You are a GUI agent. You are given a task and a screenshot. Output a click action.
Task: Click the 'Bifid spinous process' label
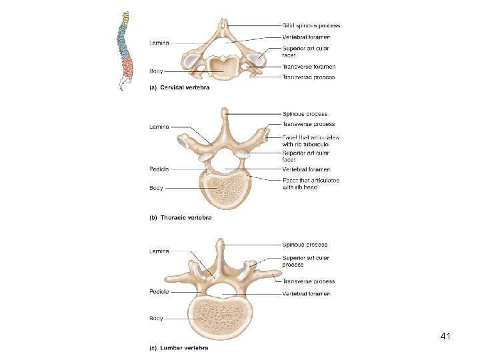[311, 26]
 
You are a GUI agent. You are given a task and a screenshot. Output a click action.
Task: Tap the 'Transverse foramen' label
[309, 67]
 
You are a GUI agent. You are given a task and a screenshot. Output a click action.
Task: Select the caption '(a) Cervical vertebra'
[179, 87]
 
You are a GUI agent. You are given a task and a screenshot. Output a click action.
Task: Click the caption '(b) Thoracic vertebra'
[180, 218]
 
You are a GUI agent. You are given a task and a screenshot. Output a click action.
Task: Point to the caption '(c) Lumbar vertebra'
[178, 347]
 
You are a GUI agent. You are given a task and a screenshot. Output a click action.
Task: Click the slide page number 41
[446, 337]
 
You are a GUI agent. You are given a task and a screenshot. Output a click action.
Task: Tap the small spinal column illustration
[125, 50]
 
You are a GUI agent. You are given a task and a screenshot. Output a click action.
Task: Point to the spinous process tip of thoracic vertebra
[225, 112]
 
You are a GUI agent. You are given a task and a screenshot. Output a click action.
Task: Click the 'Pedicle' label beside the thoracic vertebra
[159, 169]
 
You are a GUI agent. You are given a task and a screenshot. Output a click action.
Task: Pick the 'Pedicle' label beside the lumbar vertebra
[159, 291]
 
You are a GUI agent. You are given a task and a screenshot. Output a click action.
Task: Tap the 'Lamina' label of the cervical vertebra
[159, 43]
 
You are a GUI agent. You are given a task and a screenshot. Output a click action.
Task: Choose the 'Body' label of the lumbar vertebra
[156, 319]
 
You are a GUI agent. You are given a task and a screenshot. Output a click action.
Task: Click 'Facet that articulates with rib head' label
[310, 183]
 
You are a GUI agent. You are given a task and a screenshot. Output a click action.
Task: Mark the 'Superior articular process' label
[305, 261]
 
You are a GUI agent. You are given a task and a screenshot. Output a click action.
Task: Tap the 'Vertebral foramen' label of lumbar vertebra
[306, 293]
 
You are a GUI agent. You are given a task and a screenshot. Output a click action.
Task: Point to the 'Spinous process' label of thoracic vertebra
[305, 114]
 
